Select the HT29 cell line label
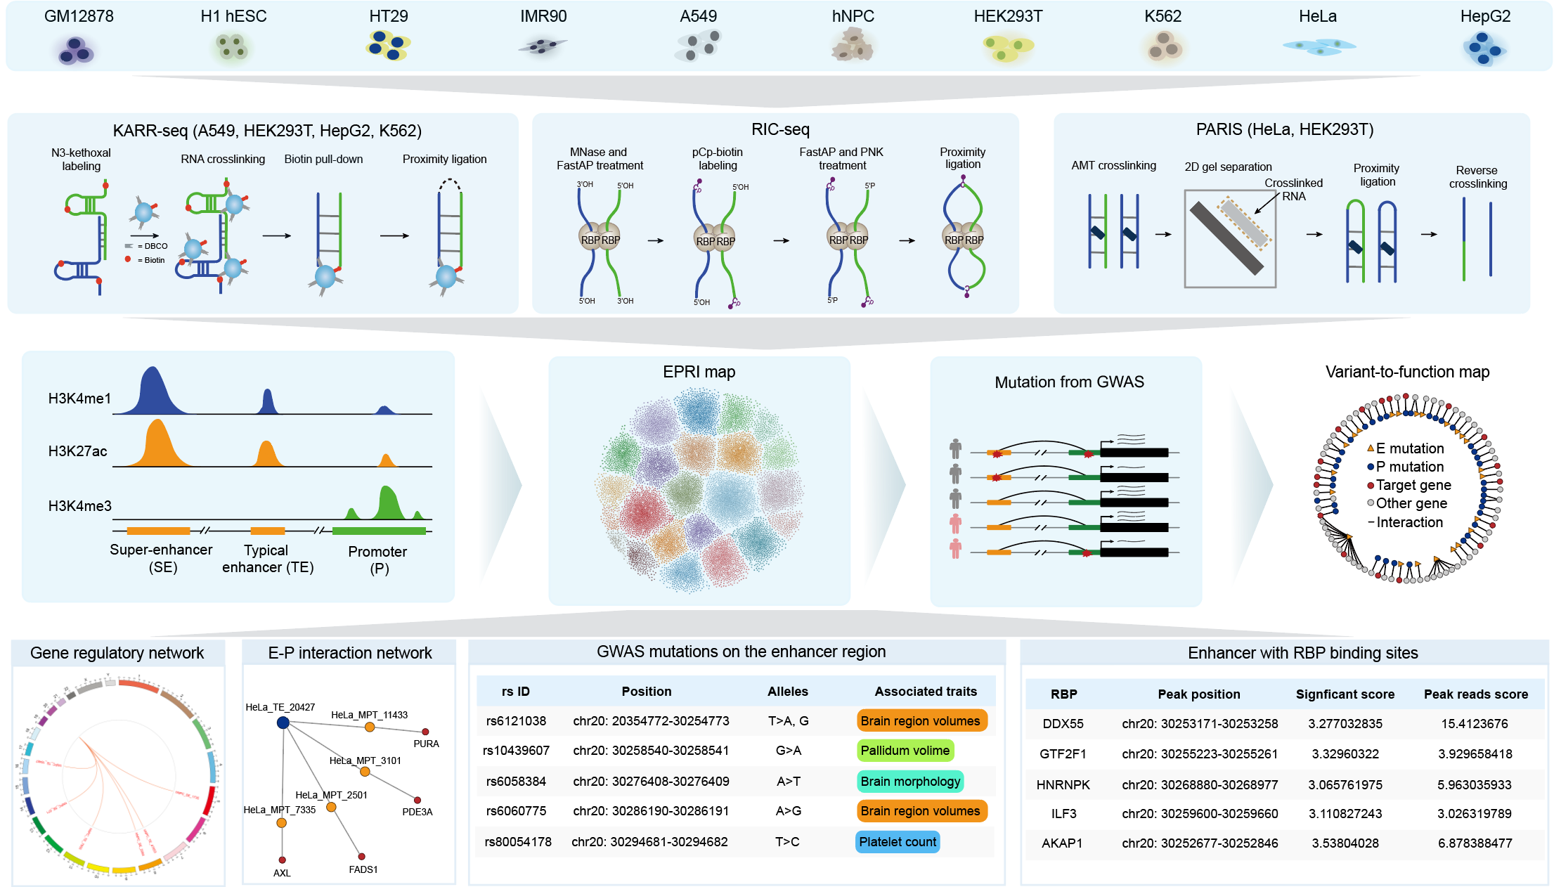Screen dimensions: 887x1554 pos(388,16)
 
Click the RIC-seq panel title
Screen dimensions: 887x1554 pos(780,129)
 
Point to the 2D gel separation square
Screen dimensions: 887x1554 pos(1229,238)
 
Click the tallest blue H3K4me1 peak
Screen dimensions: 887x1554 pos(153,390)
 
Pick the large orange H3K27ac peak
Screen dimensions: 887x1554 pos(157,443)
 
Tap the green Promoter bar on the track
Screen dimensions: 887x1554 pos(379,531)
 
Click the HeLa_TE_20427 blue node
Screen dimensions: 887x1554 pos(283,723)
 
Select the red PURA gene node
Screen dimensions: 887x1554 pos(425,732)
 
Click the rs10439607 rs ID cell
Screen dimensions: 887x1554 pos(516,751)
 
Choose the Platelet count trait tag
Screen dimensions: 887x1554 pos(898,842)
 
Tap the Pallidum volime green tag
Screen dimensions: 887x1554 pos(905,751)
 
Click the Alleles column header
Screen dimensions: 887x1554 pos(787,692)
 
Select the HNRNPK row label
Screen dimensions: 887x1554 pos(1063,784)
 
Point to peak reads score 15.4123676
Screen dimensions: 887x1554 pos(1475,724)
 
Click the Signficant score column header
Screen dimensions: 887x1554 pos(1345,694)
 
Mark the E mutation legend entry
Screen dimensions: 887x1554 pos(1408,448)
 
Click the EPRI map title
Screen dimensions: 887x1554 pos(699,372)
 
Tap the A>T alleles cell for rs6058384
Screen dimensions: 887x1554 pos(788,782)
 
